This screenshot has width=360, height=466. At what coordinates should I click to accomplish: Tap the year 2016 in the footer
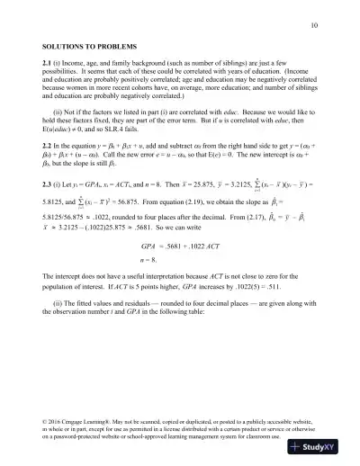point(58,421)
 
